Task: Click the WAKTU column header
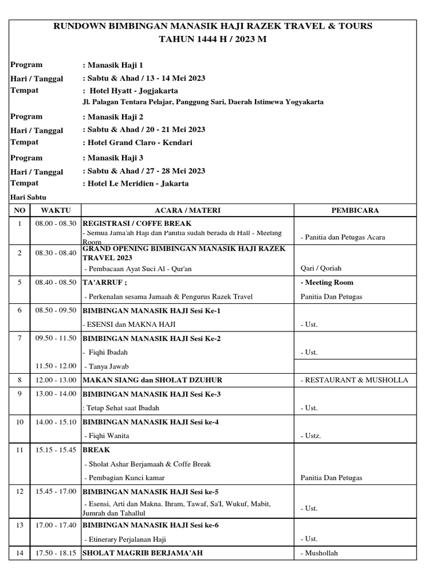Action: (56, 210)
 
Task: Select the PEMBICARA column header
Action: (355, 210)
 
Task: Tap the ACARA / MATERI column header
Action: (187, 210)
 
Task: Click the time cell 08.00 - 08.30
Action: (56, 224)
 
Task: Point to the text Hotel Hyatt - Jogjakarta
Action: (133, 91)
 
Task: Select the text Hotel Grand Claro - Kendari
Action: (139, 142)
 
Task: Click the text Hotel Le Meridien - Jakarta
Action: (137, 183)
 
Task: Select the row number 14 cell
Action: (20, 553)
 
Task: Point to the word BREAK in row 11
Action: (97, 450)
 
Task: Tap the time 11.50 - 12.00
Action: (56, 366)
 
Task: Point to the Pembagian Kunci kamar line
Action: (124, 478)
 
